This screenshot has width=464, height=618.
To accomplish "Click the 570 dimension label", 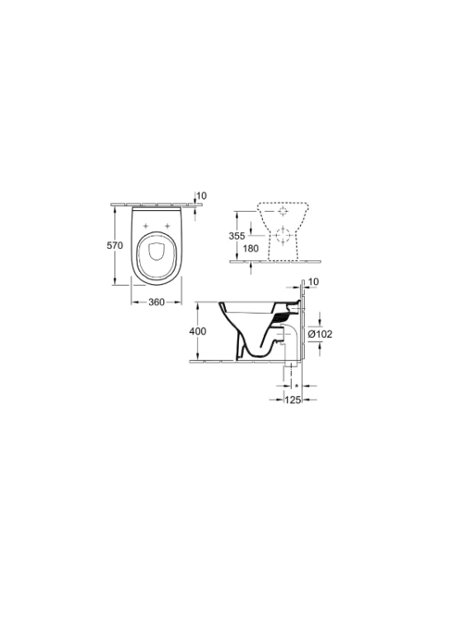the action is coord(115,246).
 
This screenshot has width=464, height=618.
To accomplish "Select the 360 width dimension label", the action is coord(156,302).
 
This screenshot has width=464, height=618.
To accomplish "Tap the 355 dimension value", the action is coord(237,236).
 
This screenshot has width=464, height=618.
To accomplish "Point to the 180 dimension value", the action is coord(251,249).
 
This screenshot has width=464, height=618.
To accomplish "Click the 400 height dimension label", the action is coord(198,331).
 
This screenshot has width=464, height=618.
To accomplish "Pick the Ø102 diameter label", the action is coord(320,335).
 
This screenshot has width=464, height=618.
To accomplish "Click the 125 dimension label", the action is coord(293,400).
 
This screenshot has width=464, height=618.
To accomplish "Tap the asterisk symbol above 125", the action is coord(297,386).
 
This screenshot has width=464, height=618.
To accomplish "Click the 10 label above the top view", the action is coord(201,196).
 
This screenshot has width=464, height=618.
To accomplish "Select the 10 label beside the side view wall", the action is coord(313,282).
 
